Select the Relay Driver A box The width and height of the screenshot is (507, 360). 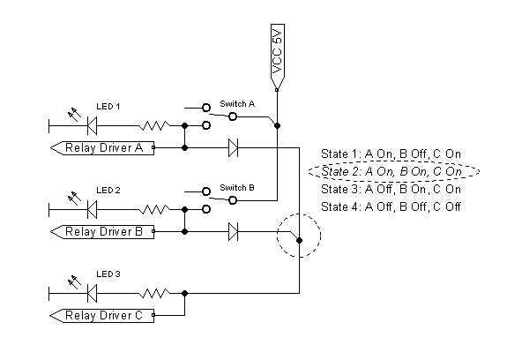coord(102,148)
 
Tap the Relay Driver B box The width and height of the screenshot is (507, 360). coord(102,231)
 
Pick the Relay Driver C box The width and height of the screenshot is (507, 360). coord(102,315)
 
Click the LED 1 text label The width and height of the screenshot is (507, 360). coord(108,107)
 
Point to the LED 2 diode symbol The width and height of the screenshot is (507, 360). coord(93,210)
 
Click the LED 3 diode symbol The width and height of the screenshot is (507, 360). coord(93,293)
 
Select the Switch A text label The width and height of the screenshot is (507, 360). coord(237,104)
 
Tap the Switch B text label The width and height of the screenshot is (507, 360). coord(237,188)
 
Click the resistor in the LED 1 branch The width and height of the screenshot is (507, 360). coord(154,125)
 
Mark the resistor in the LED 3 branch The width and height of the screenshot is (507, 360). coord(154,293)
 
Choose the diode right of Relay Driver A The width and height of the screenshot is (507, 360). coord(233,148)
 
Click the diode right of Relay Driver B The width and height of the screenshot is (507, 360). coord(233,231)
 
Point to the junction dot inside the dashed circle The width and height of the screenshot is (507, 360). coord(300,240)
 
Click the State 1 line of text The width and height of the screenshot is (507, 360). coord(391,154)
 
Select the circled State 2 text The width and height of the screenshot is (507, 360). coord(391,171)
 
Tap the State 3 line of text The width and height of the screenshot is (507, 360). coord(391,189)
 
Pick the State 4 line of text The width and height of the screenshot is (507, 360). coord(391,206)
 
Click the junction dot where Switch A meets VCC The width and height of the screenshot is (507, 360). coord(277,125)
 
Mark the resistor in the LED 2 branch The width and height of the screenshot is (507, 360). coord(154,210)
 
